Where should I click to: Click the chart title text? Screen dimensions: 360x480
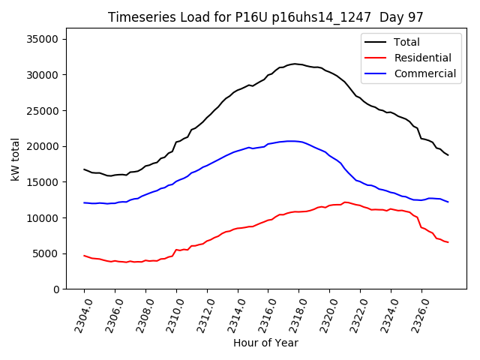(266, 17)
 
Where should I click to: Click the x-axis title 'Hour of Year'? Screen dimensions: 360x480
(266, 343)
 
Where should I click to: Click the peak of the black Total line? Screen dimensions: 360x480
(295, 64)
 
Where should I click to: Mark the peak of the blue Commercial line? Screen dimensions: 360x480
(290, 141)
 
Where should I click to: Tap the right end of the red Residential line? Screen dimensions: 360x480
(448, 242)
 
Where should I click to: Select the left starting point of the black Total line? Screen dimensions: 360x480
(84, 169)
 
